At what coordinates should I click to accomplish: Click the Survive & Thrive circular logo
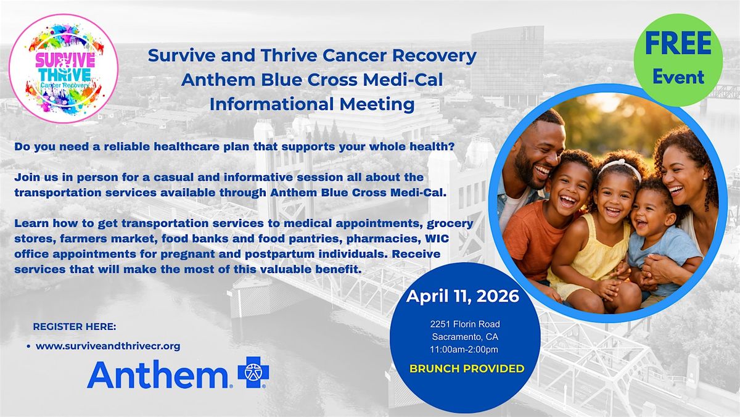pyautogui.click(x=64, y=68)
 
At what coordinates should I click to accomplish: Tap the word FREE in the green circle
pyautogui.click(x=678, y=44)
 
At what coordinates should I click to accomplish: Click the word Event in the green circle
pyautogui.click(x=678, y=77)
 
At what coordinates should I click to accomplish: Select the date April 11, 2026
pyautogui.click(x=462, y=296)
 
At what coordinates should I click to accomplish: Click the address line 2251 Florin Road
pyautogui.click(x=465, y=324)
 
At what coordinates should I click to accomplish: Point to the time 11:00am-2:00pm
pyautogui.click(x=464, y=349)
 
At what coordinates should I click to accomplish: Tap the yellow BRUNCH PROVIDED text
pyautogui.click(x=467, y=368)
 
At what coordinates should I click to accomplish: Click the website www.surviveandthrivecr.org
pyautogui.click(x=108, y=346)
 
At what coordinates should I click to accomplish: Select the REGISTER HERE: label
pyautogui.click(x=75, y=327)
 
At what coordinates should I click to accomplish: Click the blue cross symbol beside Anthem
pyautogui.click(x=253, y=372)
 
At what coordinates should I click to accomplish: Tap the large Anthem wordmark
pyautogui.click(x=158, y=374)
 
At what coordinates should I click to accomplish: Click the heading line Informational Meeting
pyautogui.click(x=312, y=104)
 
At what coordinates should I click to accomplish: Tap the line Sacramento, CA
pyautogui.click(x=465, y=337)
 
